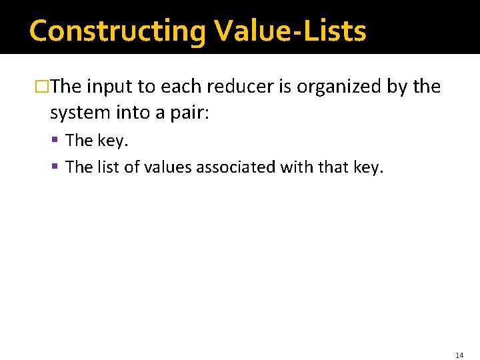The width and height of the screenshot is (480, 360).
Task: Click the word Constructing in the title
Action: coord(117,31)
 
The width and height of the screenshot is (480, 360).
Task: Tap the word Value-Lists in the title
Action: coord(290,31)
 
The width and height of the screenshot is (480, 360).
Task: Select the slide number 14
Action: coord(459,356)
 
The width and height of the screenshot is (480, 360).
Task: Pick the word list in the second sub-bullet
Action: coord(107,167)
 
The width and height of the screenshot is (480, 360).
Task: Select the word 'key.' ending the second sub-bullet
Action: coord(369,167)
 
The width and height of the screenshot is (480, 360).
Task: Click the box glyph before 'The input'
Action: coord(43,87)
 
